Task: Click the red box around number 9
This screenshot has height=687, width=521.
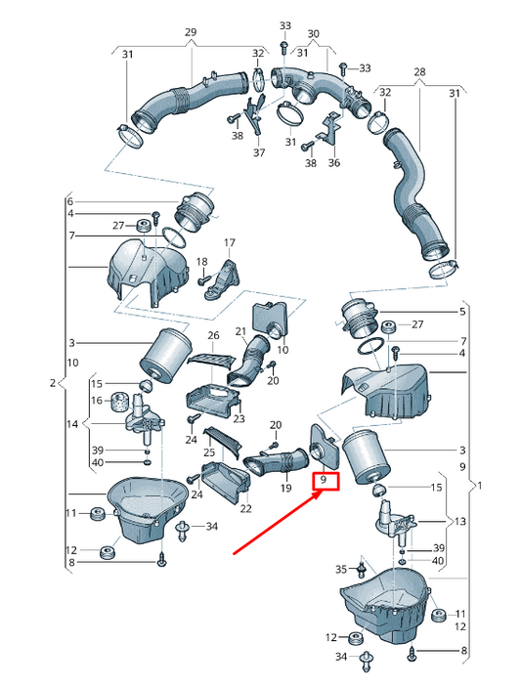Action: tap(326, 481)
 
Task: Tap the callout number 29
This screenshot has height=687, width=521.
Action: tap(191, 32)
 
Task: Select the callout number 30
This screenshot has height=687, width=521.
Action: tap(314, 34)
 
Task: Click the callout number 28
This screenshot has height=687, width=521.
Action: tap(419, 71)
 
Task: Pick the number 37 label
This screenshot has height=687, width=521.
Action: tap(259, 152)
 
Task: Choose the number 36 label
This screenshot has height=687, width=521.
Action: tap(334, 162)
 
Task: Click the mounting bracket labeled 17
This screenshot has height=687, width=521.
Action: tap(223, 280)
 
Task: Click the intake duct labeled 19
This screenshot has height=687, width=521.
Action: tap(276, 462)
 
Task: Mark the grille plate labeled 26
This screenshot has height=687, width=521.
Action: tap(210, 361)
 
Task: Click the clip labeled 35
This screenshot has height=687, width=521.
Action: tap(362, 568)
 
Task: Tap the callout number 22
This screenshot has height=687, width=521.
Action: tap(245, 508)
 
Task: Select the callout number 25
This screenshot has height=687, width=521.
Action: tap(209, 452)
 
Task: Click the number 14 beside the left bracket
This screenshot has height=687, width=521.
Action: tap(72, 424)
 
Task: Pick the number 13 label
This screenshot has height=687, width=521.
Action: tap(460, 522)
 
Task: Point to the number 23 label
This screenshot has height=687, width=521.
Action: tap(239, 419)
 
